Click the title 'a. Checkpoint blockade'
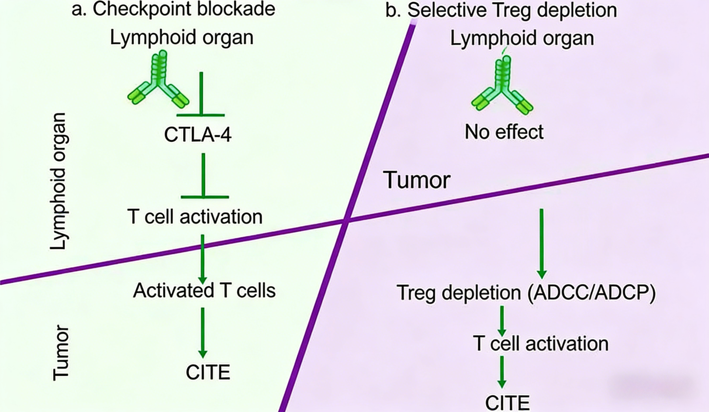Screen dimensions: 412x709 tap(173, 10)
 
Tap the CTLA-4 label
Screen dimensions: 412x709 tap(198, 135)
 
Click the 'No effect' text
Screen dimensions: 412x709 tap(504, 132)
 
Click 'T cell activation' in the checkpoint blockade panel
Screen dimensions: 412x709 tap(195, 217)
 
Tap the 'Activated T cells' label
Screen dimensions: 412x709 tap(204, 290)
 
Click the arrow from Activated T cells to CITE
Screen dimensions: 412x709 tap(203, 332)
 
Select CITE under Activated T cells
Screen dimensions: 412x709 tap(208, 372)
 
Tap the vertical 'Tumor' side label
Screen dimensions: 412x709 tap(61, 353)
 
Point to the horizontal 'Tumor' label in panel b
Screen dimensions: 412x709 tap(417, 180)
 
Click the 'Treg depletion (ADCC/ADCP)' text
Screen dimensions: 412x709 tap(526, 293)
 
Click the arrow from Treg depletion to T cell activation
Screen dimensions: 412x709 tap(502, 321)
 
